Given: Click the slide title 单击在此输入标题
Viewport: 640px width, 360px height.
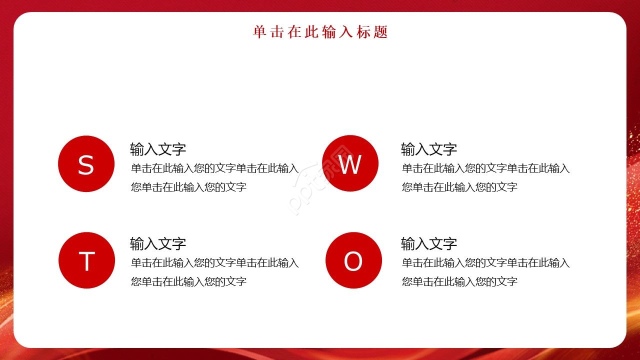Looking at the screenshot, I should coord(320,32).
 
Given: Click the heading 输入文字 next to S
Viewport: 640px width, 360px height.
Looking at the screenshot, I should coord(158,149).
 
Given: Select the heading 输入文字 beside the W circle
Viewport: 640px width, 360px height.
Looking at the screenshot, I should coord(429,149).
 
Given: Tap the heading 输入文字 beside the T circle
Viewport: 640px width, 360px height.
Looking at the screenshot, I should coord(158,244).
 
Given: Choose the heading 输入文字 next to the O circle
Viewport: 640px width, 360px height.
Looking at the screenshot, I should coord(429,244).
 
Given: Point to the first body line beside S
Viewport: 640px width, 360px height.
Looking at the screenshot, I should coord(215,168).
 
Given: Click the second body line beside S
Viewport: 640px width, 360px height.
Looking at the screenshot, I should coord(189,187).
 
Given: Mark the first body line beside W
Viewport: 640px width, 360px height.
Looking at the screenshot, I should coord(486,168).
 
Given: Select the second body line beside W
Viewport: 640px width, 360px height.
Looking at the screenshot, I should coord(460,187).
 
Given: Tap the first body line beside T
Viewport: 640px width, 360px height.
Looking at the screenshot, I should coord(215,263).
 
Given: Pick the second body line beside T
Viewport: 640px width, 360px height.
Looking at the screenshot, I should coord(189,282).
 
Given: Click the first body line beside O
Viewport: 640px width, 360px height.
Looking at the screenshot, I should coord(486,263).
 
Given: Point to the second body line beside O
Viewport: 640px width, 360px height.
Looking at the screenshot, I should coord(460,282).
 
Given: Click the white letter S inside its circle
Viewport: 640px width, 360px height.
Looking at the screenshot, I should coord(86,165).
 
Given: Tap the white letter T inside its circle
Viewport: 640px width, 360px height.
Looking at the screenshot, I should coord(86,261).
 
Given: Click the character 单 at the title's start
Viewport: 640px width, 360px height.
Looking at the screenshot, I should coord(259,32).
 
